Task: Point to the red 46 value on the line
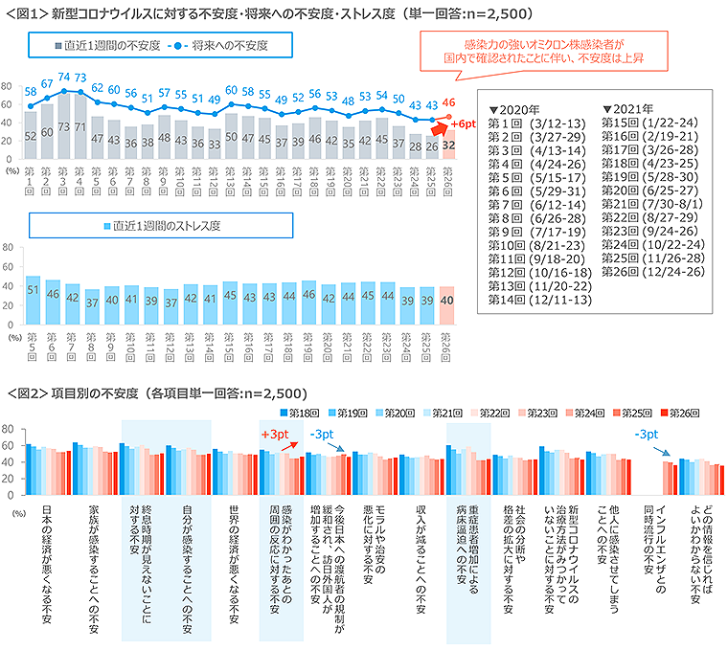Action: [x=447, y=102]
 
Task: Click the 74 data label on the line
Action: [x=65, y=77]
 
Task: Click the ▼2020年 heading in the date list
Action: [x=514, y=109]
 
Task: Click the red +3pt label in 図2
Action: [x=274, y=434]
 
